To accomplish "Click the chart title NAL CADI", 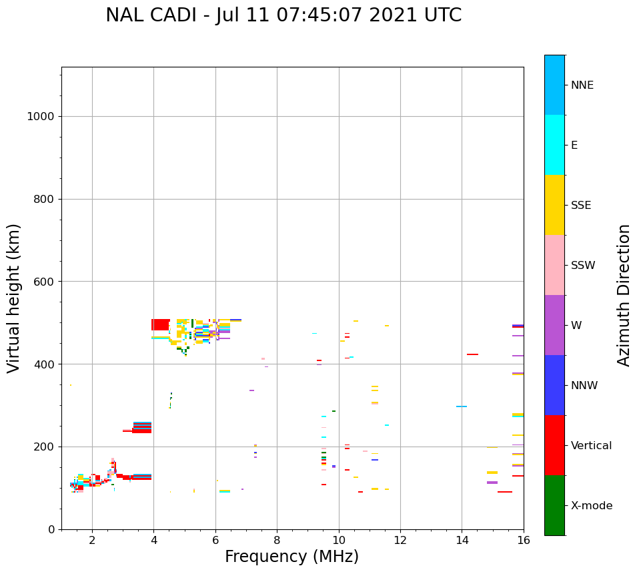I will point(283,15).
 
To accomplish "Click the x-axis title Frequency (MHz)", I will point(291,557).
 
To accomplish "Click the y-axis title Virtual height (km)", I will point(14,298).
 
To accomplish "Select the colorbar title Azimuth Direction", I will point(624,295).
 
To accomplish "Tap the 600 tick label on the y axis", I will point(43,282).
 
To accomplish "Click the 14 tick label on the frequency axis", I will point(462,539).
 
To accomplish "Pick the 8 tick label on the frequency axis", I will point(277,539).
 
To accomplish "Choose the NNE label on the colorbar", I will point(582,85).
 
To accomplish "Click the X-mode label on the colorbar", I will point(592,506).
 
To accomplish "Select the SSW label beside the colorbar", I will point(583,266).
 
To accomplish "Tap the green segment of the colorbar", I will point(554,505).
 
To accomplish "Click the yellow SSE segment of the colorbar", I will point(554,205).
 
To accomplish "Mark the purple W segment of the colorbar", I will point(554,325).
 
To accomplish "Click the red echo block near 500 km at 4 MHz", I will point(160,324).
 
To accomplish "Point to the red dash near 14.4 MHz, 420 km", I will point(472,354).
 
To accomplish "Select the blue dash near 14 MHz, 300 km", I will point(462,406).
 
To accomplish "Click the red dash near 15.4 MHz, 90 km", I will point(505,492).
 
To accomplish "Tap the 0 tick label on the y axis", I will point(51,529).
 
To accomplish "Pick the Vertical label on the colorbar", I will point(592,446).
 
